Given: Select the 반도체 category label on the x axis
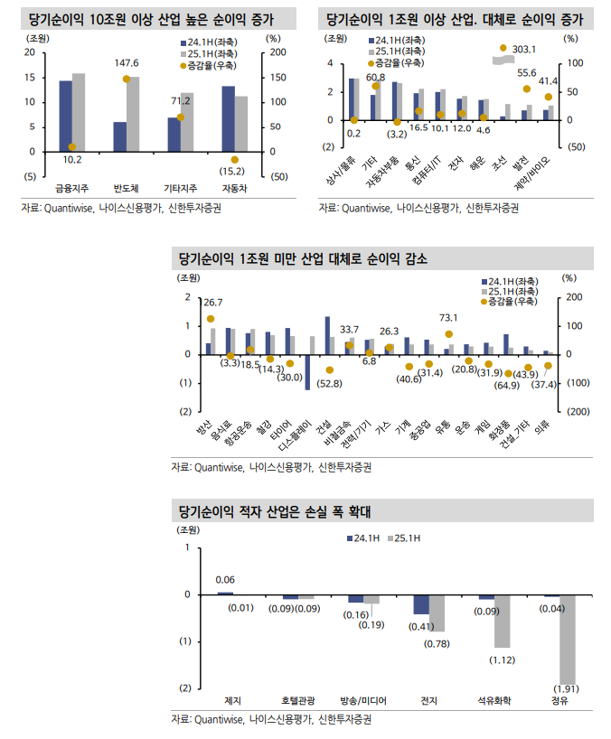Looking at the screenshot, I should coord(127,188).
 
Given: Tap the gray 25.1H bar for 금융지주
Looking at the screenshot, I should coord(79,112).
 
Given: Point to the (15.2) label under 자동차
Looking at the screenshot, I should coord(233,171).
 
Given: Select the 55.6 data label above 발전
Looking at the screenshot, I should coord(526,73).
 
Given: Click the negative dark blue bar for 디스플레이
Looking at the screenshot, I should coord(307,371).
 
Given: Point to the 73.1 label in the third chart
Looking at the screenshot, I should coord(449,318).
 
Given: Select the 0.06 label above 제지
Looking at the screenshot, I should coord(226,579).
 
